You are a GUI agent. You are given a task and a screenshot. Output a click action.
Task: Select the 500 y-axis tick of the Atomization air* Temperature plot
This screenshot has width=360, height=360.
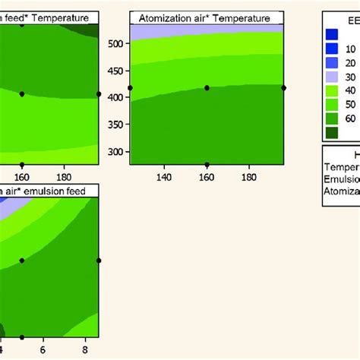(117, 44)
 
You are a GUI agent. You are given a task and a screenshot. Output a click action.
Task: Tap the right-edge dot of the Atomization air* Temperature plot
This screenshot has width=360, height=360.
(283, 88)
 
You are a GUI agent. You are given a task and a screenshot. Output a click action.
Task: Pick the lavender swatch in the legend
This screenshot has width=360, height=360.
(332, 77)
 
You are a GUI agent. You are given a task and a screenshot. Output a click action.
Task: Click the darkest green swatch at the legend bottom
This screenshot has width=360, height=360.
(332, 133)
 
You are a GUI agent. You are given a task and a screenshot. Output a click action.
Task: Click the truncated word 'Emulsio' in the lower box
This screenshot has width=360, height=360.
(342, 179)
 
